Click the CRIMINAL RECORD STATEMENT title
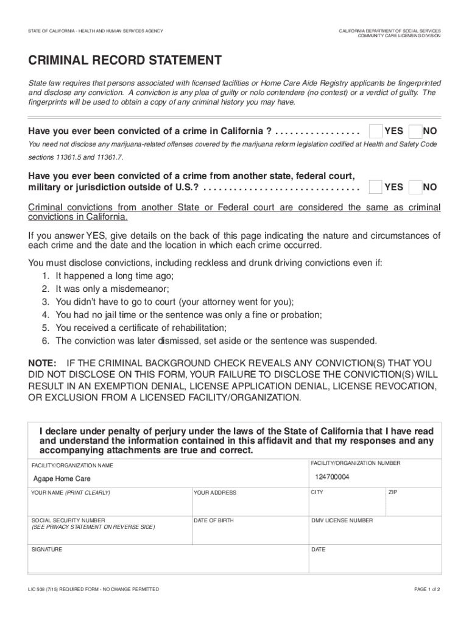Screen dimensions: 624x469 (x=125, y=61)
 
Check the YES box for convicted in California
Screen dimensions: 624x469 (x=377, y=131)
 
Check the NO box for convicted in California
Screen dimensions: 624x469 (x=416, y=131)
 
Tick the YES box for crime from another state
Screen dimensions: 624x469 (x=377, y=186)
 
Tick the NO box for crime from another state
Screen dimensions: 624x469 (x=416, y=186)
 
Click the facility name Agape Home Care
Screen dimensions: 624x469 (x=62, y=479)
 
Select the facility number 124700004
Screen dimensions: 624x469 (x=332, y=477)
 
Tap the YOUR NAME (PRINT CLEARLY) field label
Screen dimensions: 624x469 (x=71, y=492)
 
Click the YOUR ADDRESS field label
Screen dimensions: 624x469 (x=215, y=492)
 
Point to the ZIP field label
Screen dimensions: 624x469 (x=392, y=492)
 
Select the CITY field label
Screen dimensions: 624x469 (x=317, y=492)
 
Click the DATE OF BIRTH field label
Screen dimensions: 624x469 (x=213, y=520)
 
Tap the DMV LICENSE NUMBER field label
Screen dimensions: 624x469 (x=342, y=520)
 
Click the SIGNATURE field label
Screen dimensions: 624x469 (x=47, y=549)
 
